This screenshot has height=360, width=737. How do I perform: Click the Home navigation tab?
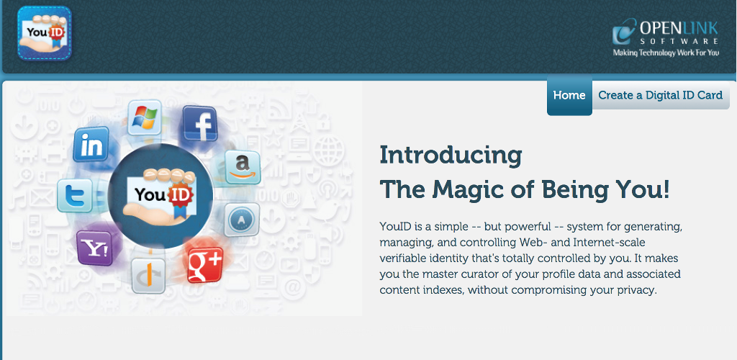(x=569, y=96)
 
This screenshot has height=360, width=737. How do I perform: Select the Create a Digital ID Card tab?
(x=661, y=96)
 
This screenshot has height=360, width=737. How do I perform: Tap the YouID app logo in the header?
(x=45, y=33)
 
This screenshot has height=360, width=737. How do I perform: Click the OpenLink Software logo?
(x=666, y=37)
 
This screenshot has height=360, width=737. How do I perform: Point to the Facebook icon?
(x=200, y=123)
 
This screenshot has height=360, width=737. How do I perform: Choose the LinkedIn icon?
(x=91, y=144)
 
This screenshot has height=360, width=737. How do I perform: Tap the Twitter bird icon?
(x=74, y=196)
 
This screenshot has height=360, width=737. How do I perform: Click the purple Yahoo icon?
(x=94, y=248)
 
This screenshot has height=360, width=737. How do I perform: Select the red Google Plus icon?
(x=205, y=265)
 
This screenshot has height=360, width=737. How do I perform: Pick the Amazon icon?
(x=243, y=167)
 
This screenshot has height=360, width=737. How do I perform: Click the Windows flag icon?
(x=145, y=117)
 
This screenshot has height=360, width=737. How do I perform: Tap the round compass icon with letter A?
(x=242, y=220)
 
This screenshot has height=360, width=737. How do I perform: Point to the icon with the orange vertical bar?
(x=148, y=276)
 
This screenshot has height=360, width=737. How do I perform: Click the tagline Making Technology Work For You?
(x=666, y=53)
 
